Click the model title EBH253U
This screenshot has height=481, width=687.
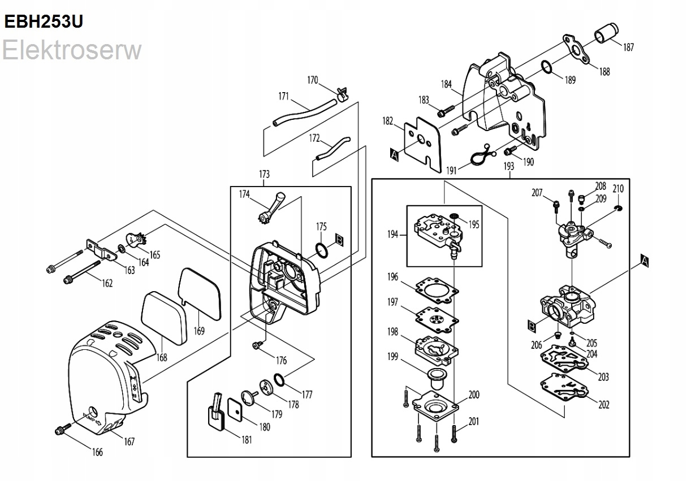(x=44, y=21)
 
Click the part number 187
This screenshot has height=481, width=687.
(x=628, y=48)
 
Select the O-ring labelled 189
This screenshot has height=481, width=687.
(x=547, y=67)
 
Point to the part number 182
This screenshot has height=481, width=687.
(x=387, y=121)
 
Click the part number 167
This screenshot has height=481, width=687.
(x=129, y=442)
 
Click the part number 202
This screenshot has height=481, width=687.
(x=604, y=405)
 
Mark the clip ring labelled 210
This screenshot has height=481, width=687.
(x=617, y=211)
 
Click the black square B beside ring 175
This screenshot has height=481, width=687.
(x=339, y=239)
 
